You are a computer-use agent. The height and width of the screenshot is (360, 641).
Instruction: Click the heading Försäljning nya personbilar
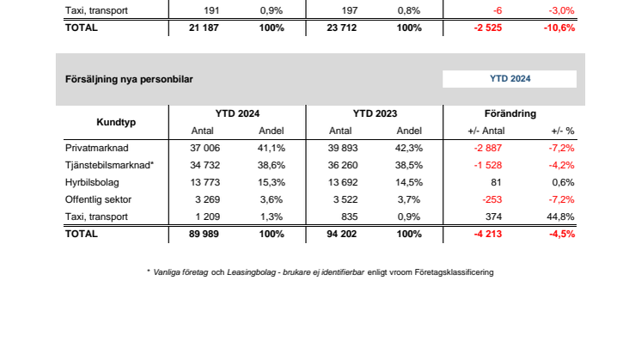[129, 79]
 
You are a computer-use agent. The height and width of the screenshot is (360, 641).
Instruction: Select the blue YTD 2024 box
[510, 79]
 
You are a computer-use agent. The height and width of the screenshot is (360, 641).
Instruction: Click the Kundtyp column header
[113, 121]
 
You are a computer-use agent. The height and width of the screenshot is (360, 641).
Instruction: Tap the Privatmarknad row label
[95, 148]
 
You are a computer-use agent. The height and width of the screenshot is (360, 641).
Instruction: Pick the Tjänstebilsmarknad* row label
[109, 164]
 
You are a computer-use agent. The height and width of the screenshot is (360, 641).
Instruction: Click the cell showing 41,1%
[272, 148]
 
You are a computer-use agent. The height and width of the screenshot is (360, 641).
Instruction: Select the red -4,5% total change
[561, 233]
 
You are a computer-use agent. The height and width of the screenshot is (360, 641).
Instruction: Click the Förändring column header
[511, 113]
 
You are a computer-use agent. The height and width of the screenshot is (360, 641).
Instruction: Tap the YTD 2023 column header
[375, 113]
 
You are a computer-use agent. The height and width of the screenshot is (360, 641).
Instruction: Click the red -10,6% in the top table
[559, 27]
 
